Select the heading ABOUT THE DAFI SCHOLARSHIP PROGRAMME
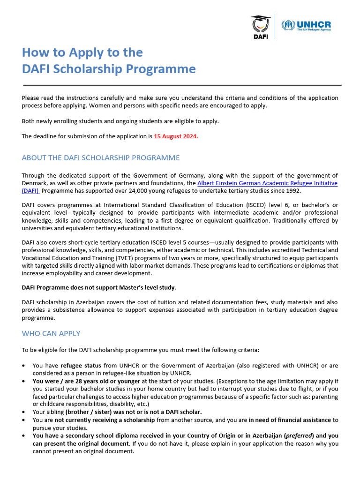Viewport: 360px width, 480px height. point(100,157)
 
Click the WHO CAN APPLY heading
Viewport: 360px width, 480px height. point(51,333)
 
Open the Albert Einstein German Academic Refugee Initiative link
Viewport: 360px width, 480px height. point(267,183)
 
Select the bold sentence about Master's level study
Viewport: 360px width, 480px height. point(99,287)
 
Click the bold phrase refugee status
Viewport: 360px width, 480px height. point(81,365)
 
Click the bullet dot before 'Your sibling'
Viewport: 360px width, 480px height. point(24,412)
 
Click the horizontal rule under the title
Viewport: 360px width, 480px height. point(182,85)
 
